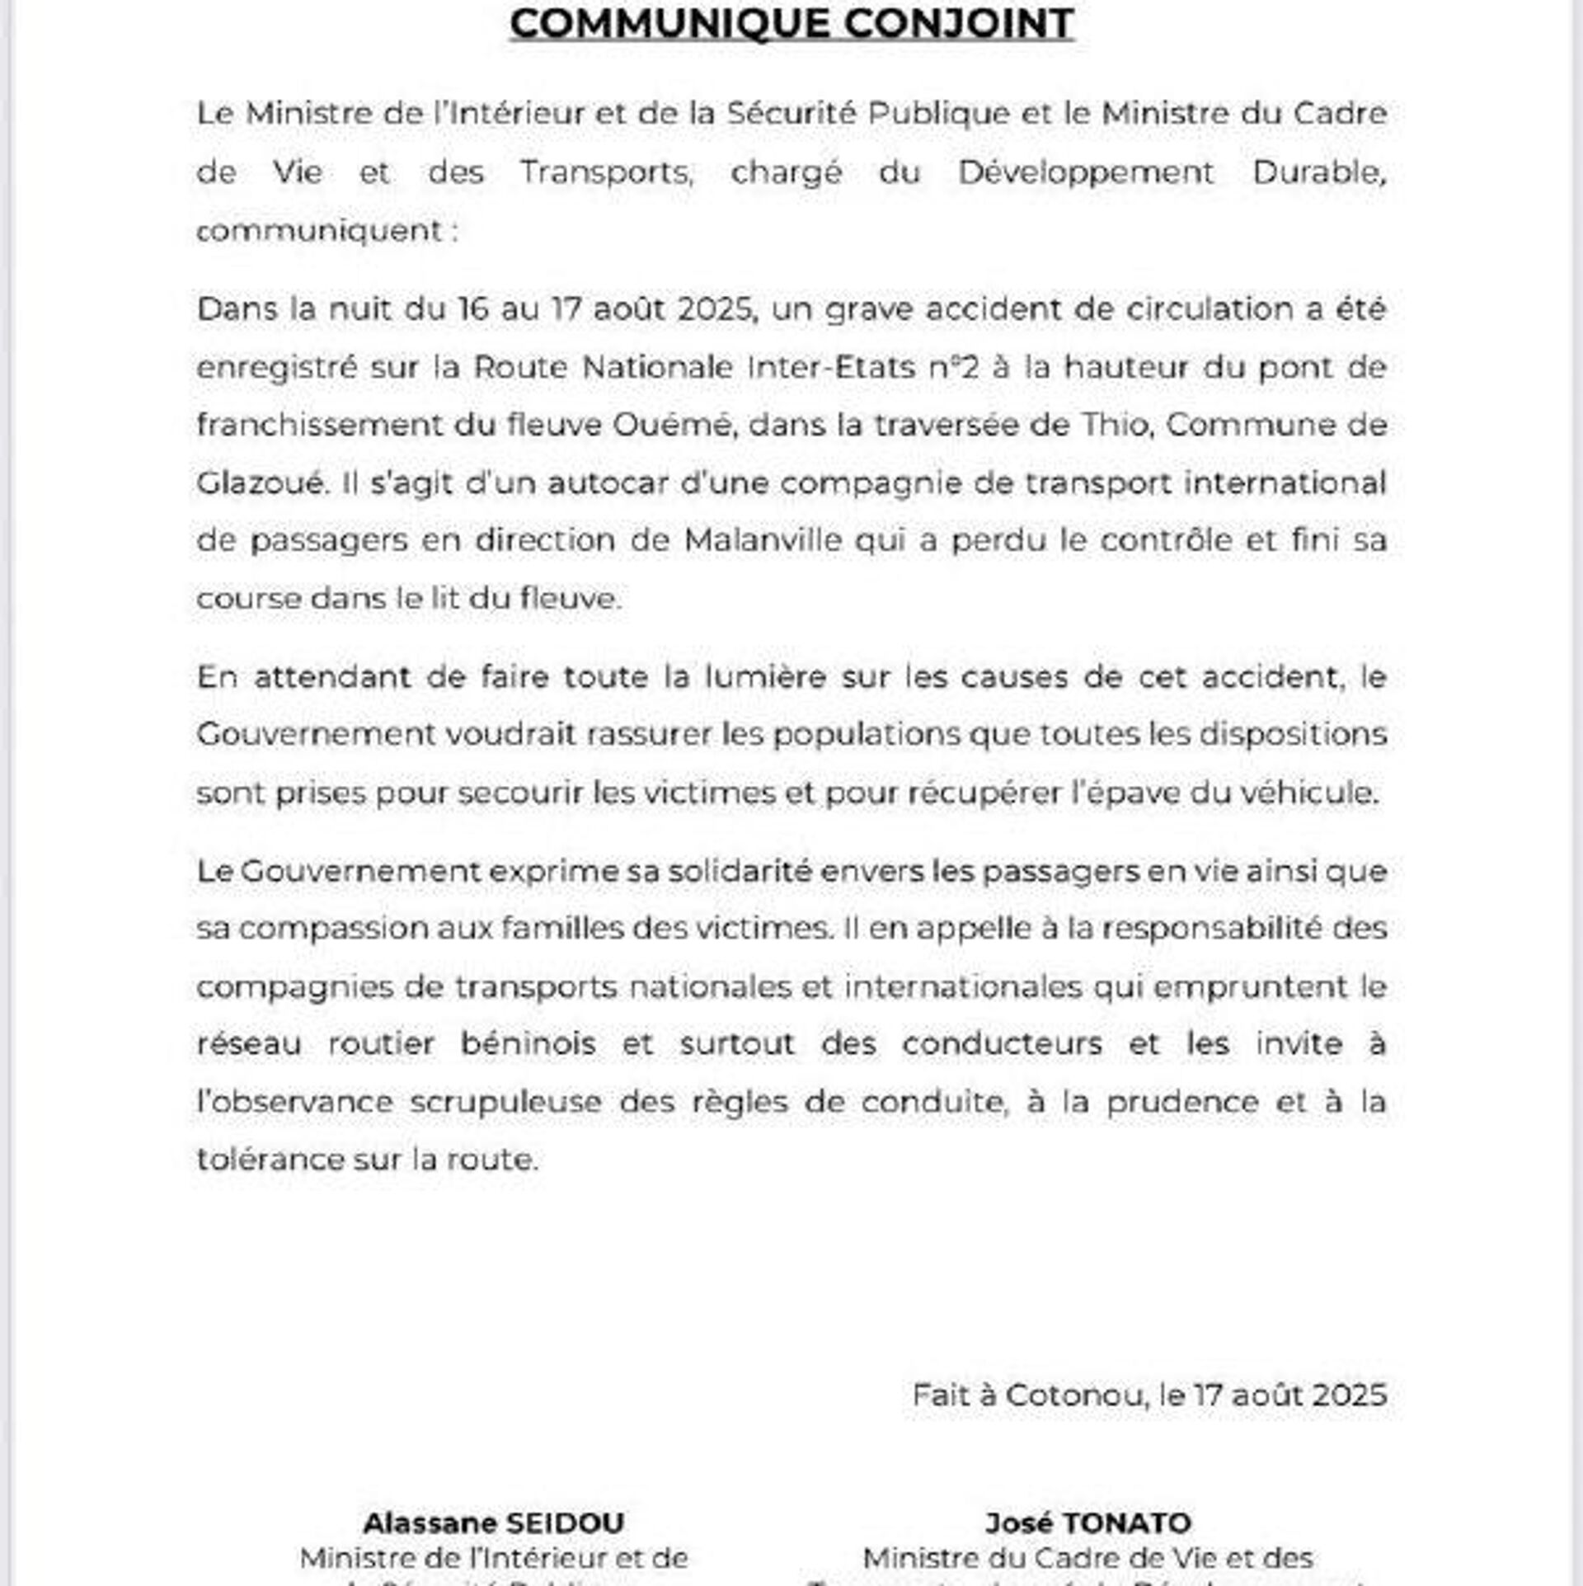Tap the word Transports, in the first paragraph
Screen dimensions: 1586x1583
[x=606, y=172]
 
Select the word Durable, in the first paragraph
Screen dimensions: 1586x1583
[x=1319, y=172]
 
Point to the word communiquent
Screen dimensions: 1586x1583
[x=320, y=231]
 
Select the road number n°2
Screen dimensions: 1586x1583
[x=954, y=367]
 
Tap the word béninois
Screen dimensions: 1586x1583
[x=528, y=1044]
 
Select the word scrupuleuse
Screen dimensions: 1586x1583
[x=505, y=1102]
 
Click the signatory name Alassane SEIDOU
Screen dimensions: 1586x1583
[x=494, y=1522]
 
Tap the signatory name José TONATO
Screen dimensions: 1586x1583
[x=1088, y=1522]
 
